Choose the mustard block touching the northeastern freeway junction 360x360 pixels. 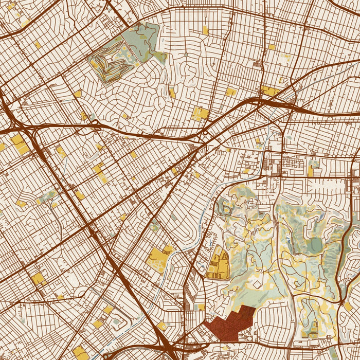[269, 92]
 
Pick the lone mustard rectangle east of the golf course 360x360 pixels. [205, 30]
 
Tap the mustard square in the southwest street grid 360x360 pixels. [38, 279]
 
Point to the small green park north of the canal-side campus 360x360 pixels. [155, 224]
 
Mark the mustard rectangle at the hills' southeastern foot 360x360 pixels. [348, 307]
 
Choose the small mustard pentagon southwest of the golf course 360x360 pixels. [78, 94]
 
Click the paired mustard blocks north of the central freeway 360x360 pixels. [201, 113]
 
